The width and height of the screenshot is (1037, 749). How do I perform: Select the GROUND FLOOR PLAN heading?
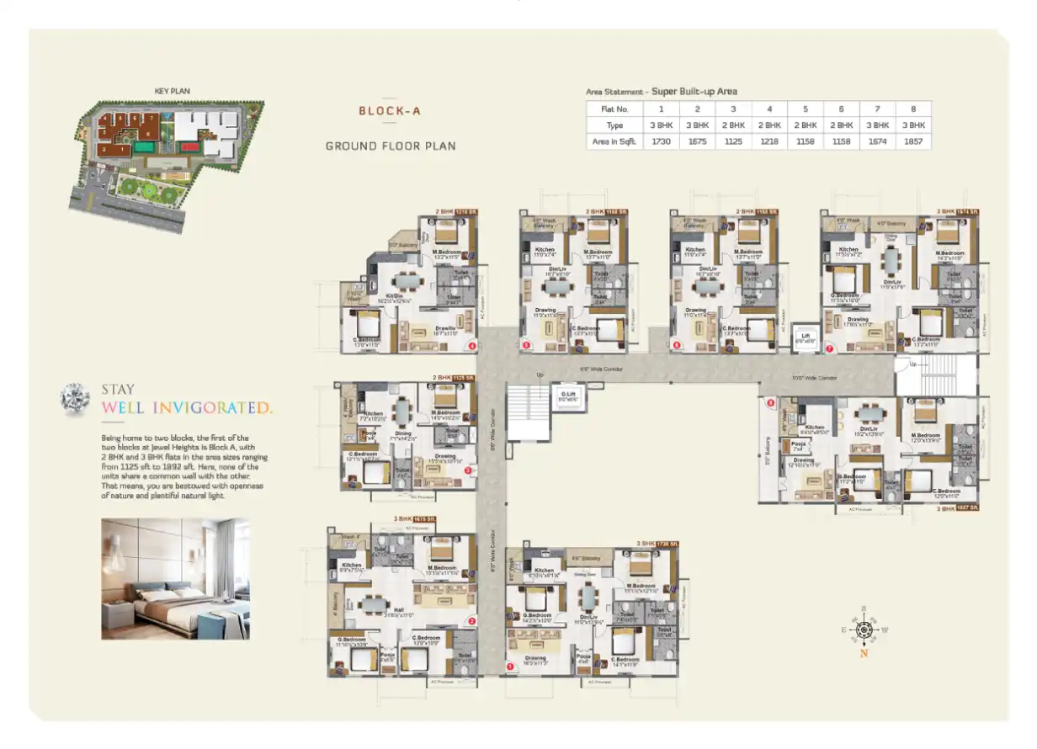(x=391, y=146)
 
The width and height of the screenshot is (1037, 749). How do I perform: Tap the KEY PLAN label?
(x=170, y=91)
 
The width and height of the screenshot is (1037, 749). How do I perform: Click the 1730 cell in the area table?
(x=661, y=141)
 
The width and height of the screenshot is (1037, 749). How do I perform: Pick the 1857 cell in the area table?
(x=913, y=141)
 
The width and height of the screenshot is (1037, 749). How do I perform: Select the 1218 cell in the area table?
(x=768, y=141)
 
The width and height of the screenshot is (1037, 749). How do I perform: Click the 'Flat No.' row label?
(x=614, y=109)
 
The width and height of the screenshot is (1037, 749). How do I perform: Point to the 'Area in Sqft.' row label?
(x=614, y=141)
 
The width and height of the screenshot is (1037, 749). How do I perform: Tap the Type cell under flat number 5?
(x=805, y=125)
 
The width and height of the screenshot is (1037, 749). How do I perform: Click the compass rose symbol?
(x=864, y=627)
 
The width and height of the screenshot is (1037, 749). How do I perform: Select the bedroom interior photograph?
(x=175, y=579)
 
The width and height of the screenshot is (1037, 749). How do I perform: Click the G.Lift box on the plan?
(x=568, y=396)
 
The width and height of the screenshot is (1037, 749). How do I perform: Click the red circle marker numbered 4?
(x=472, y=346)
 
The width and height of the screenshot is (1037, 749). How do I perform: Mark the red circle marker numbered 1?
(x=509, y=667)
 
